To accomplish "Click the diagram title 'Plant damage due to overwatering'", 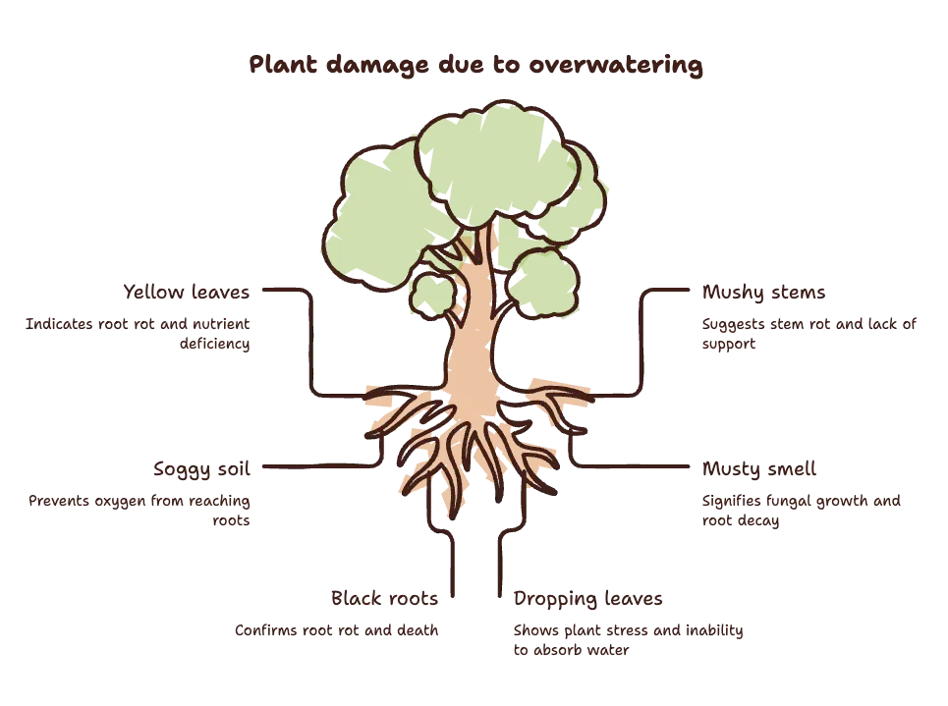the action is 475,65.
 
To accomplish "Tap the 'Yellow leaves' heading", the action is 187,292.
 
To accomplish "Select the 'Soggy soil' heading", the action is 201,469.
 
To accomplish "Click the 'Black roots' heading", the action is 384,598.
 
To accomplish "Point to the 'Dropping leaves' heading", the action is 587,599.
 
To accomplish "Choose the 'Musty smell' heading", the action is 758,469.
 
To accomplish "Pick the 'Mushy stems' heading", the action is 763,293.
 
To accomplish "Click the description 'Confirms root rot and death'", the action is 336,630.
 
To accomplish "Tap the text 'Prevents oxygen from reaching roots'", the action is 139,511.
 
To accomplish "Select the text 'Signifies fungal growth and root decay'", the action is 801,511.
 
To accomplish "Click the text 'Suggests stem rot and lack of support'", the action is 809,334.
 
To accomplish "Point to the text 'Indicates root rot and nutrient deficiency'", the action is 138,334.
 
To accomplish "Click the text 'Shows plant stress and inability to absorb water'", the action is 628,640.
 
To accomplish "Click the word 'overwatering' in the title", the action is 616,65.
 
